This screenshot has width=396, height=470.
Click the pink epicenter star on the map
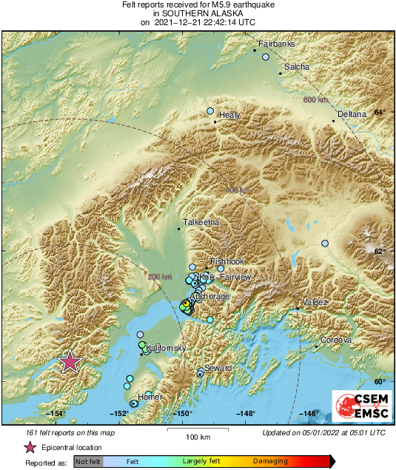coord(70,361)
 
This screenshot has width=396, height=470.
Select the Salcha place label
coord(297,67)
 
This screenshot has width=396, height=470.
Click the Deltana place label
coord(352,115)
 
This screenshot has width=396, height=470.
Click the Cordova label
coord(335,340)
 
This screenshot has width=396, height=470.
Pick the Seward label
coord(218,368)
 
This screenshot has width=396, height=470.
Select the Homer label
coord(150,397)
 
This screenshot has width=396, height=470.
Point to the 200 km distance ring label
coord(159,276)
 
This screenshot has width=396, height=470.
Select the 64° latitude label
coord(379,113)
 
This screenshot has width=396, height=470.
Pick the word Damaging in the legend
coord(270,461)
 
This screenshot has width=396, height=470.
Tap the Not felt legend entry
coord(89,461)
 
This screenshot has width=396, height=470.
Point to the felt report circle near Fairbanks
coord(266,56)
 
